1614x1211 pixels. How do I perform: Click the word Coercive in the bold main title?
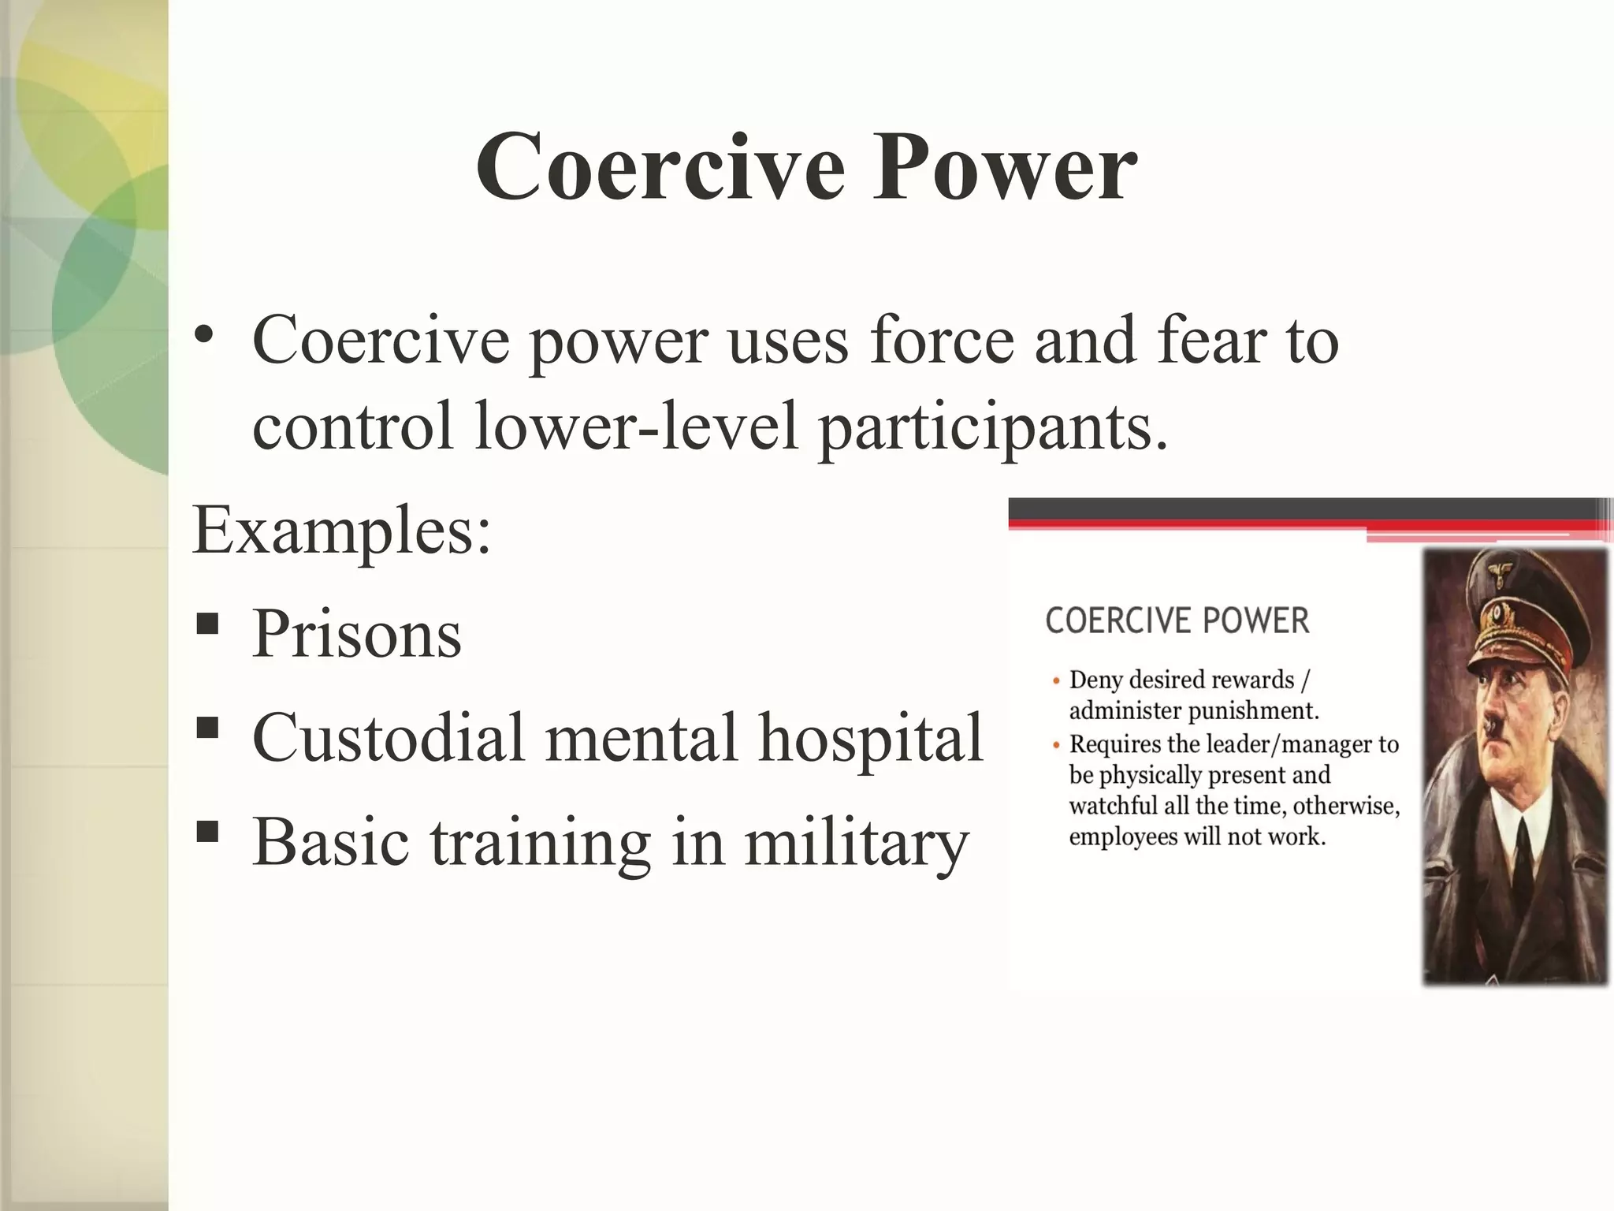(661, 168)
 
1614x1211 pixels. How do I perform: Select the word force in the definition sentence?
(941, 341)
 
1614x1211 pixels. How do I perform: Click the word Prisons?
(356, 635)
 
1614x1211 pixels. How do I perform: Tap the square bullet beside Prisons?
(207, 624)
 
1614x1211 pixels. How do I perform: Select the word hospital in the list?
(871, 740)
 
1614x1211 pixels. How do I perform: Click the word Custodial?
(388, 738)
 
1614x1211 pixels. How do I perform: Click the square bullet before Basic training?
(207, 832)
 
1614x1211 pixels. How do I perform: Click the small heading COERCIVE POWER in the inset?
(1177, 620)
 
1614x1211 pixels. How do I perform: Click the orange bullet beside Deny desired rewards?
(1056, 681)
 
